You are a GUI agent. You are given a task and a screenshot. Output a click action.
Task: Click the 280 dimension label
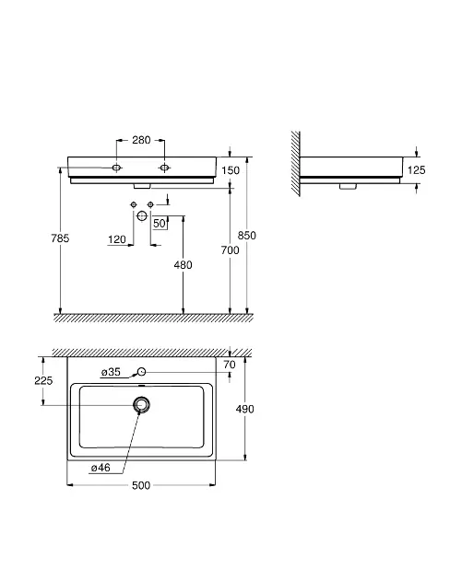[x=141, y=140]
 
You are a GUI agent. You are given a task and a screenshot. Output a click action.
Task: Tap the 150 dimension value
[x=231, y=170]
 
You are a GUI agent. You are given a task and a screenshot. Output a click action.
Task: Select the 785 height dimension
[x=60, y=238]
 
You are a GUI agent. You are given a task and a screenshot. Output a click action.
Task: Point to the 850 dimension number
[x=246, y=236]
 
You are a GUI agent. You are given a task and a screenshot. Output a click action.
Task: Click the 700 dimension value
[x=230, y=250]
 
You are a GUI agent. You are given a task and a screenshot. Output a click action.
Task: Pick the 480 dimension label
[x=183, y=265]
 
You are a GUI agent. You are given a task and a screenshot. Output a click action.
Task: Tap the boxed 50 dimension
[x=160, y=223]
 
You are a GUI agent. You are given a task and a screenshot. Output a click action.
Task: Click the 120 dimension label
[x=117, y=239]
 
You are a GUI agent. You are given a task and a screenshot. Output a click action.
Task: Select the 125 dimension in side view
[x=416, y=170]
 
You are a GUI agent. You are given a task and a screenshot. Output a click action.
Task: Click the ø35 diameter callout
[x=111, y=372]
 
